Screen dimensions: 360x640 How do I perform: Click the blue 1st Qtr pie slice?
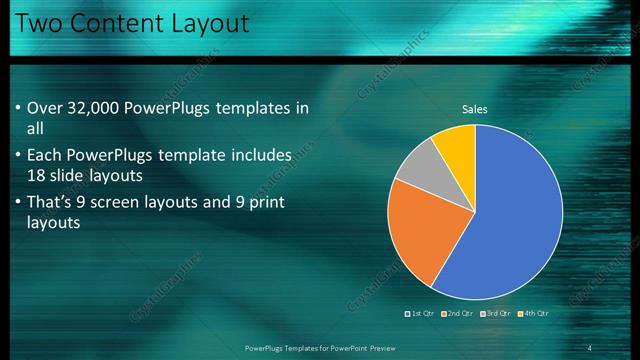pyautogui.click(x=510, y=220)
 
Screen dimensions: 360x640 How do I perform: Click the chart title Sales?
pyautogui.click(x=475, y=109)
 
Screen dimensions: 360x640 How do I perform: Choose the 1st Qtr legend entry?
pyautogui.click(x=420, y=313)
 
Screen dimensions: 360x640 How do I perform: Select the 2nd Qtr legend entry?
pyautogui.click(x=458, y=313)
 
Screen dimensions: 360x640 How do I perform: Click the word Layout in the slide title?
pyautogui.click(x=206, y=22)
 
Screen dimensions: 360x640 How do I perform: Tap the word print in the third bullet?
pyautogui.click(x=267, y=202)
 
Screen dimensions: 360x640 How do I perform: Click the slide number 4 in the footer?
pyautogui.click(x=589, y=347)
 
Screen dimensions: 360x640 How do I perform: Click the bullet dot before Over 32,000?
pyautogui.click(x=19, y=108)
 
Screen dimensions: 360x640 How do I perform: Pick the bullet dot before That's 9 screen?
pyautogui.click(x=19, y=202)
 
